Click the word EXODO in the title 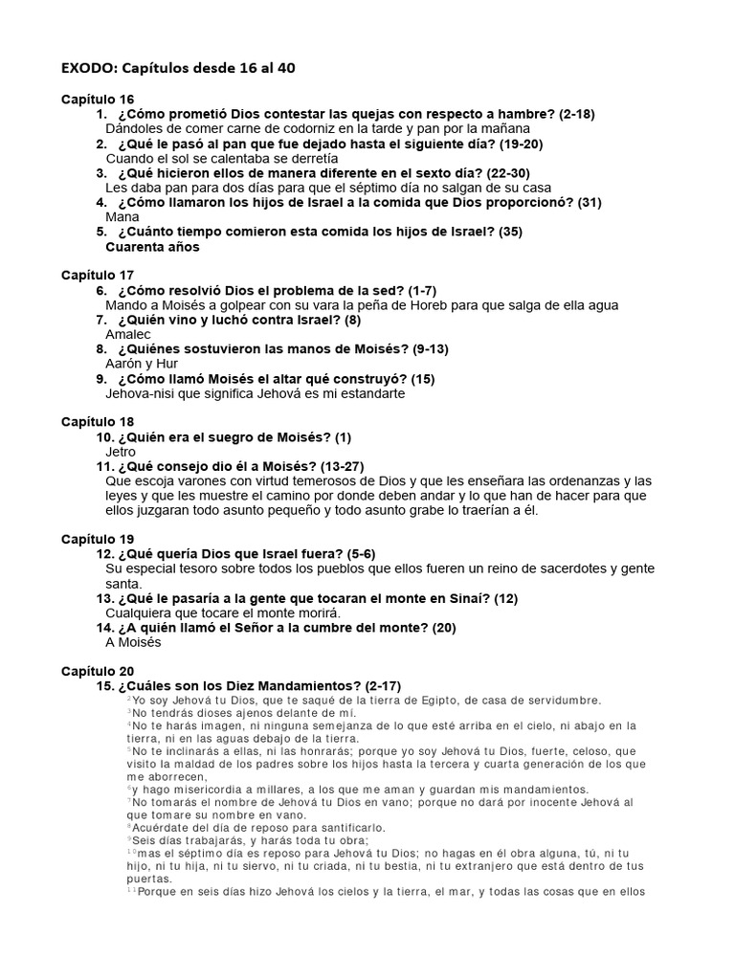pyautogui.click(x=88, y=67)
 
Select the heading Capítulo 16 pyautogui.click(x=98, y=100)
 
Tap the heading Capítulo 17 pyautogui.click(x=98, y=275)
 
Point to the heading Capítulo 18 pyautogui.click(x=98, y=421)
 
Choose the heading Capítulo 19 pyautogui.click(x=98, y=539)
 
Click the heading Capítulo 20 pyautogui.click(x=98, y=671)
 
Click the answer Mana pyautogui.click(x=122, y=217)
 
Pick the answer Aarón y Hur pyautogui.click(x=142, y=364)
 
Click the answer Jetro pyautogui.click(x=121, y=452)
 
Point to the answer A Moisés pyautogui.click(x=133, y=642)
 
